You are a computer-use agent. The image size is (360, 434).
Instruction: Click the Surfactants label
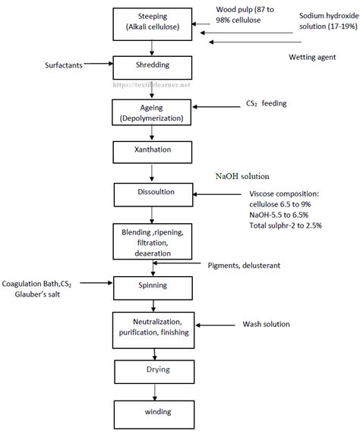(64, 65)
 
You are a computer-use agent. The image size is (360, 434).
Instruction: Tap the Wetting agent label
(312, 57)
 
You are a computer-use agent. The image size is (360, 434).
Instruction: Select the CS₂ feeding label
(267, 103)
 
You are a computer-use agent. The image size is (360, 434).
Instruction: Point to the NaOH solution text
(242, 176)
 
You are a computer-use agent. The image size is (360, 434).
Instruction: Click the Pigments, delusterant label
(244, 266)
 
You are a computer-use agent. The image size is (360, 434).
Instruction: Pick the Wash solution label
(267, 324)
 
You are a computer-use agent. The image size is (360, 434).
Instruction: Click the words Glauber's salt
(37, 294)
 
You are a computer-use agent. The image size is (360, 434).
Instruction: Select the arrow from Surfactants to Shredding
(99, 64)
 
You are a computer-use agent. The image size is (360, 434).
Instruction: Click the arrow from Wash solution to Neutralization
(216, 325)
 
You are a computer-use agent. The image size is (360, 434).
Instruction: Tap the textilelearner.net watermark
(152, 85)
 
